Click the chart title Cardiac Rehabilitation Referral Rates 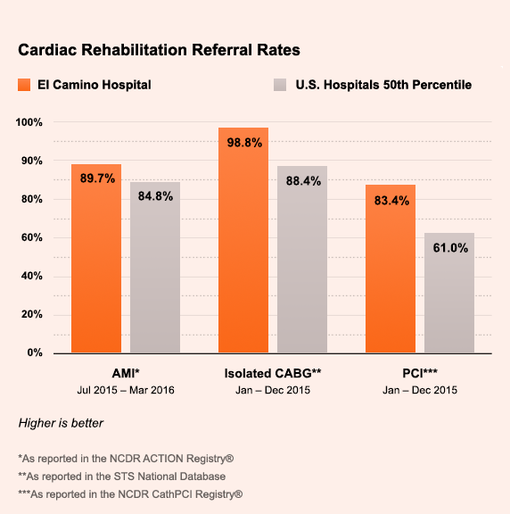click(x=159, y=50)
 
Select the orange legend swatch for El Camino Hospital click(x=24, y=85)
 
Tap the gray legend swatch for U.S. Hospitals click(x=280, y=85)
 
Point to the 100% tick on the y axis click(x=29, y=122)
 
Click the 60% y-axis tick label click(x=32, y=237)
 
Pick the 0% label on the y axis click(x=35, y=352)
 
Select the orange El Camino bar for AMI click(x=96, y=259)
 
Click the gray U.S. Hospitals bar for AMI click(x=155, y=268)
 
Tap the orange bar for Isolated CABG click(x=243, y=240)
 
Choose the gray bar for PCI click(x=449, y=293)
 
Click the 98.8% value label click(x=244, y=143)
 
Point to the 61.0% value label click(x=450, y=248)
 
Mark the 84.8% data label click(x=155, y=196)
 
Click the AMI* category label click(x=126, y=373)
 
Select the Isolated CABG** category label click(x=273, y=373)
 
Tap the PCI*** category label click(x=420, y=373)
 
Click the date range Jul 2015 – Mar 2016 click(x=126, y=390)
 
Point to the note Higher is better click(x=61, y=423)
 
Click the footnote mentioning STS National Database click(x=122, y=477)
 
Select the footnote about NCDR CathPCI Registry click(x=130, y=494)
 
